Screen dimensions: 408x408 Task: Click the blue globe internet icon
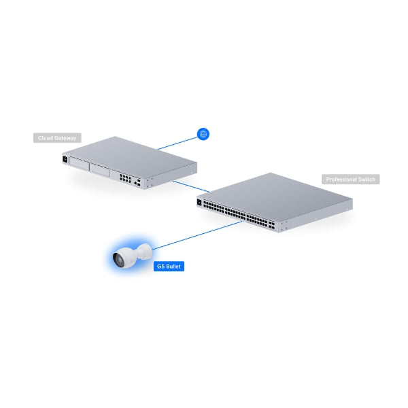coord(202,134)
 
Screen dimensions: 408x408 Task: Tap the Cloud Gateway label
coord(57,138)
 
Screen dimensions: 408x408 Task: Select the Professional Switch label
coord(350,180)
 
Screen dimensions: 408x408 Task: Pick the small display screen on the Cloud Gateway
coord(66,160)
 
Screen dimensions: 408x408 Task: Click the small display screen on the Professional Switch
coord(201,201)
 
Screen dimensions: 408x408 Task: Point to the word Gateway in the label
coord(66,138)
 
